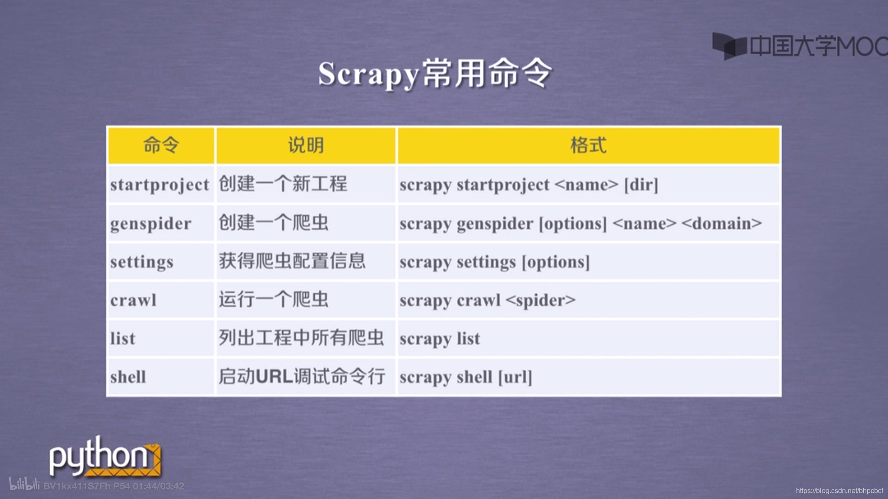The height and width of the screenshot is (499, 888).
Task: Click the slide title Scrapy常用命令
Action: pyautogui.click(x=435, y=74)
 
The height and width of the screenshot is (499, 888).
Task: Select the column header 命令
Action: pyautogui.click(x=161, y=145)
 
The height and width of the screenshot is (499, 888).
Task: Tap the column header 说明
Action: pyautogui.click(x=306, y=145)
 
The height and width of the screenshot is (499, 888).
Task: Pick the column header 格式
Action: pyautogui.click(x=588, y=145)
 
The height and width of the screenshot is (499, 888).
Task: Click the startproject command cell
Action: pyautogui.click(x=160, y=185)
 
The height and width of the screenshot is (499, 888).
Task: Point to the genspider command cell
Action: pyautogui.click(x=150, y=224)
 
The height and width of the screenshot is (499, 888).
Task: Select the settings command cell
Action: pyautogui.click(x=142, y=262)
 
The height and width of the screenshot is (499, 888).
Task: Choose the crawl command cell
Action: pyautogui.click(x=133, y=300)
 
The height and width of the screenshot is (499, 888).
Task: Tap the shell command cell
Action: pyautogui.click(x=128, y=377)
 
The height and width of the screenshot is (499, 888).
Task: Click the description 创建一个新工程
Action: pyautogui.click(x=283, y=184)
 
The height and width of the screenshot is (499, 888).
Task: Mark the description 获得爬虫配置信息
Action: pyautogui.click(x=292, y=261)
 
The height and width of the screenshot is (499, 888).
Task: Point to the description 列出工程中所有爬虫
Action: pyautogui.click(x=301, y=338)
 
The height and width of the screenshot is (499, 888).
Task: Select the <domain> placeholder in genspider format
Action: pyautogui.click(x=721, y=224)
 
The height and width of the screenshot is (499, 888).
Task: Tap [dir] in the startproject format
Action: pyautogui.click(x=641, y=185)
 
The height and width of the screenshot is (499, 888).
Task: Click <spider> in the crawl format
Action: pyautogui.click(x=541, y=300)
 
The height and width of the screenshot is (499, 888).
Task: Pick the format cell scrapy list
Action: pyautogui.click(x=440, y=339)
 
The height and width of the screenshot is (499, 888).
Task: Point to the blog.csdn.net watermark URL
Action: pyautogui.click(x=839, y=490)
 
